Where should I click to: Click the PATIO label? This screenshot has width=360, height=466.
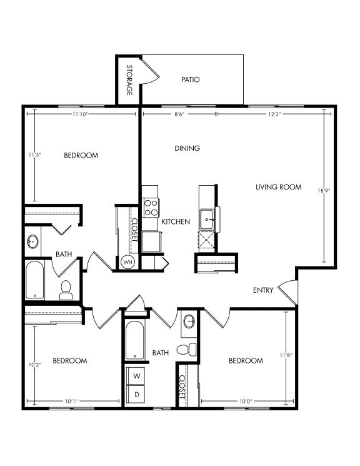click(x=191, y=79)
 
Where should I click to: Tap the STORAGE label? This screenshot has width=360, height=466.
click(x=129, y=80)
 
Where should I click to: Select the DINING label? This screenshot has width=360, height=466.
click(x=187, y=148)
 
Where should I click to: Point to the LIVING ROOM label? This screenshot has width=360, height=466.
click(x=279, y=186)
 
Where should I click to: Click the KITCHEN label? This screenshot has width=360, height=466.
click(x=176, y=222)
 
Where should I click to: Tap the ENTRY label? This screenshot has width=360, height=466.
click(x=263, y=290)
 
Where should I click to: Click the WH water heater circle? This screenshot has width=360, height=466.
click(x=127, y=261)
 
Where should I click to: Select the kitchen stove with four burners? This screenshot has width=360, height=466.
click(x=151, y=207)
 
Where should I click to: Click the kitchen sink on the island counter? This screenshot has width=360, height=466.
click(x=207, y=219)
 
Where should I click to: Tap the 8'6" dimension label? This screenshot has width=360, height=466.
click(x=179, y=114)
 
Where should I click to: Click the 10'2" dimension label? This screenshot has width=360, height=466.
click(x=34, y=364)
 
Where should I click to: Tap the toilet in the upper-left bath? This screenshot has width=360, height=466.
click(x=66, y=290)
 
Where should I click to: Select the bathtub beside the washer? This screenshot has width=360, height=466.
click(x=136, y=342)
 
